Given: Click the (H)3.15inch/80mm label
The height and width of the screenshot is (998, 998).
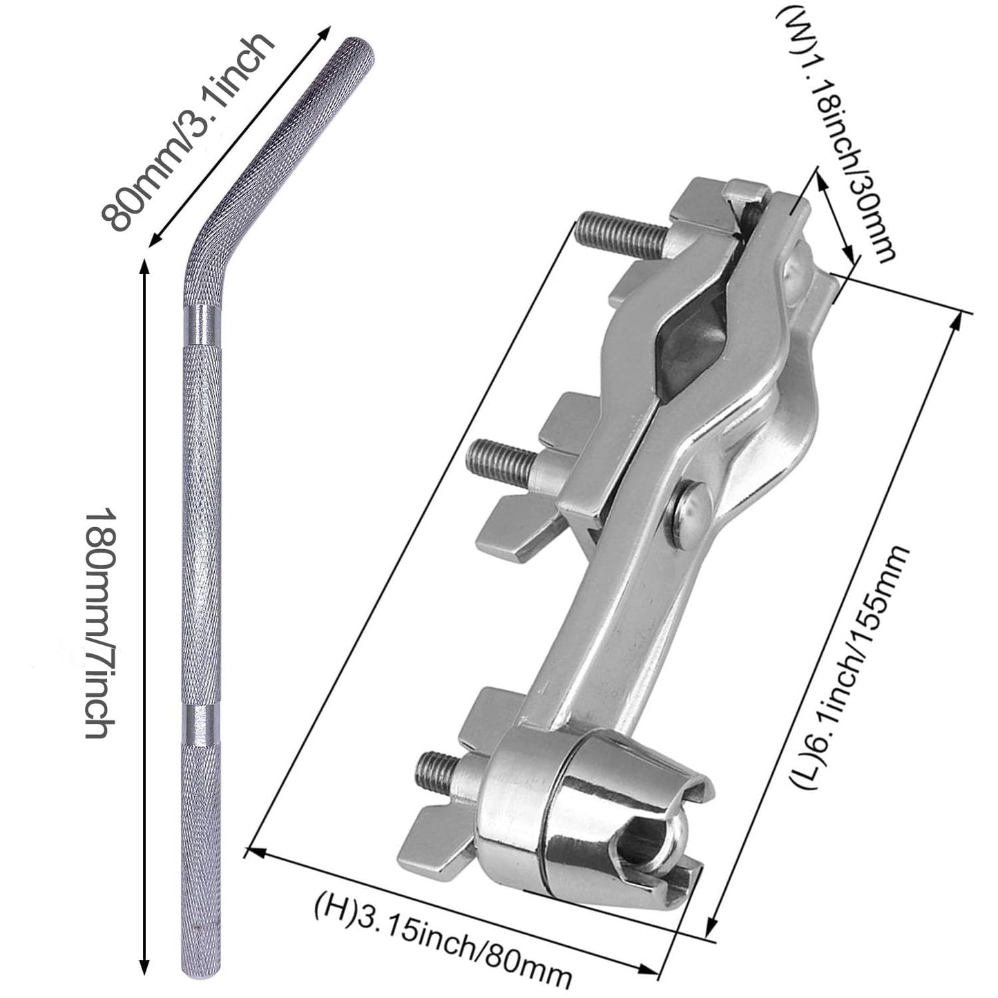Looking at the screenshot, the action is coord(443,932).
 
